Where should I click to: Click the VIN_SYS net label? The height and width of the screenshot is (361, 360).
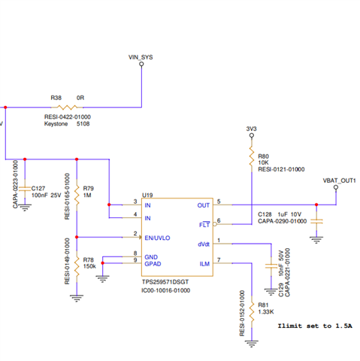pos(141,57)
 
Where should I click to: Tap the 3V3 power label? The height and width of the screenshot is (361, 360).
pos(251,129)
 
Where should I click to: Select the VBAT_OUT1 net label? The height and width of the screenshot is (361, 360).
pos(339,180)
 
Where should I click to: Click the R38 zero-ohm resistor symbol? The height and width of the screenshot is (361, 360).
pos(67,108)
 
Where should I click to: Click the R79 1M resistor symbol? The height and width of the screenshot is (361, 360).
pos(77,195)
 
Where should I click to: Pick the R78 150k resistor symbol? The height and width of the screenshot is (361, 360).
pos(77,266)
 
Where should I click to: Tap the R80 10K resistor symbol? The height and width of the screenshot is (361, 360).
pos(252,156)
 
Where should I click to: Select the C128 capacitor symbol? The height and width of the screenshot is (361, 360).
pos(316,221)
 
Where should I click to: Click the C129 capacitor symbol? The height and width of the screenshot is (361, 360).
pos(271,266)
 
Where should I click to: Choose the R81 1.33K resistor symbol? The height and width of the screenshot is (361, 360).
pos(252,312)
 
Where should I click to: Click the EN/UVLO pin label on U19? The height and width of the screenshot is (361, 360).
pos(157,238)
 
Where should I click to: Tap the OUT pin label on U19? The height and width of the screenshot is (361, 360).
pos(203,205)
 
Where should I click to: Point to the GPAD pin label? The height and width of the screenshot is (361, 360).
pos(153,264)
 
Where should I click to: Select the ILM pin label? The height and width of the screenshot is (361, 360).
pos(204,264)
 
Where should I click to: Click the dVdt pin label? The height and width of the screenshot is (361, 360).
pos(204,244)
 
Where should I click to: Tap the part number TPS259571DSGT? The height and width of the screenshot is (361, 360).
pos(165,282)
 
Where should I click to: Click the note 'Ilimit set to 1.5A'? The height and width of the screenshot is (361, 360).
pos(315,326)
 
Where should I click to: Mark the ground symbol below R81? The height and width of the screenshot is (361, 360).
pos(252,344)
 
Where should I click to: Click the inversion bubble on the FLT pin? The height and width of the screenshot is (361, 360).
pos(215,224)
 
